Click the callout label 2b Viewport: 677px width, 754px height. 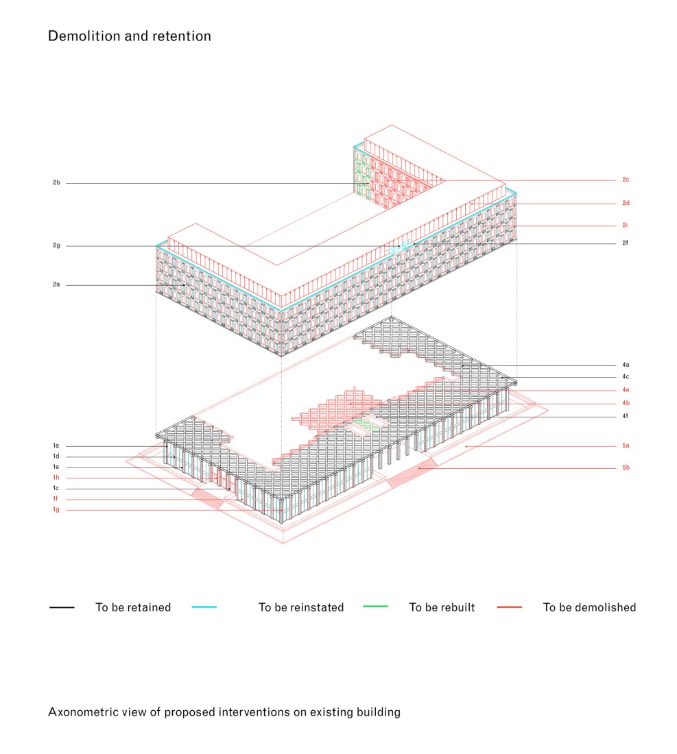pyautogui.click(x=56, y=183)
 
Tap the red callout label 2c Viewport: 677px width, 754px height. pyautogui.click(x=626, y=180)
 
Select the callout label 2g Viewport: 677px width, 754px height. pyautogui.click(x=56, y=245)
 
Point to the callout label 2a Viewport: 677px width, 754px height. pyautogui.click(x=56, y=284)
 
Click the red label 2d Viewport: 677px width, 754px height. pyautogui.click(x=626, y=203)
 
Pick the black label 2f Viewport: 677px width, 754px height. pyautogui.click(x=625, y=243)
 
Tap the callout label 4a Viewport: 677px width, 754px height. pyautogui.click(x=626, y=365)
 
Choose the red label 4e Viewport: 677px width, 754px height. pyautogui.click(x=626, y=390)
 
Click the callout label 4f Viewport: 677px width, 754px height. pyautogui.click(x=625, y=416)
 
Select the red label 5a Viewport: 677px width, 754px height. pyautogui.click(x=626, y=446)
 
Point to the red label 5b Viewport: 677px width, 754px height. pyautogui.click(x=626, y=467)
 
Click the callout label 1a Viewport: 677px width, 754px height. pyautogui.click(x=56, y=446)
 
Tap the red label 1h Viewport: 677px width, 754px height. pyautogui.click(x=56, y=478)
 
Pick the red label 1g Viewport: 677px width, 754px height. pyautogui.click(x=56, y=509)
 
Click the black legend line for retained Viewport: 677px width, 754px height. pyautogui.click(x=62, y=607)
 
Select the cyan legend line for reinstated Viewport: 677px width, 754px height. pyautogui.click(x=204, y=607)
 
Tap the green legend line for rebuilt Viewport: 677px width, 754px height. pyautogui.click(x=375, y=607)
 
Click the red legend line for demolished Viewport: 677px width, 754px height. pyautogui.click(x=510, y=607)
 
